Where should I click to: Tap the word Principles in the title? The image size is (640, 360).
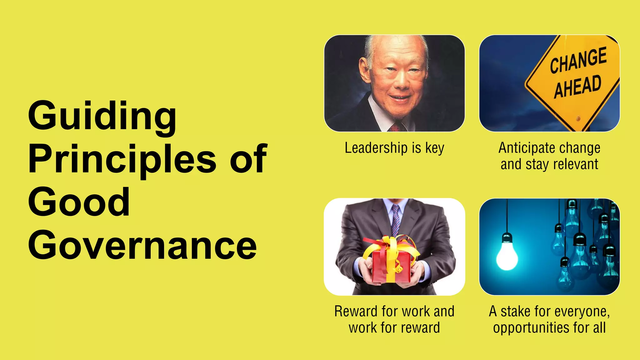(122, 159)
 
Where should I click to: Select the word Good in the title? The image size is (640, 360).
(79, 202)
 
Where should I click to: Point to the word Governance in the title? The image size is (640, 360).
(142, 246)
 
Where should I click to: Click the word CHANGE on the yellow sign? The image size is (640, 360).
(578, 60)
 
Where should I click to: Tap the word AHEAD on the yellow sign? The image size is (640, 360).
(577, 86)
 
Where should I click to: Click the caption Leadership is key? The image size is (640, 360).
(394, 148)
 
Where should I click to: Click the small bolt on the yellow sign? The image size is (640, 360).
(578, 118)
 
